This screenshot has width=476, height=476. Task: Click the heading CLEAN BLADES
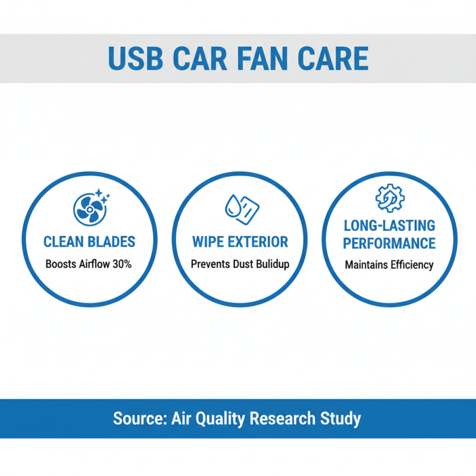click(x=89, y=242)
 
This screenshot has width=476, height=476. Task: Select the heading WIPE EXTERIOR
click(x=240, y=242)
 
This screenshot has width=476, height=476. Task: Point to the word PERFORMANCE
click(x=389, y=243)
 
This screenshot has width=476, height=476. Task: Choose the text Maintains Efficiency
click(x=389, y=265)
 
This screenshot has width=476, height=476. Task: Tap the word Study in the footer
click(x=342, y=418)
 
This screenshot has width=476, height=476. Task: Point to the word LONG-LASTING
click(x=389, y=226)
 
